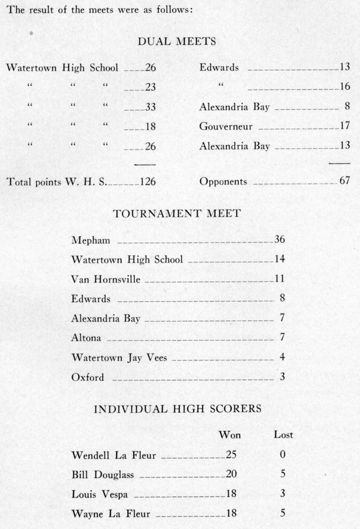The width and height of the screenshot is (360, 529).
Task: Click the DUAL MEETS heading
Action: click(177, 42)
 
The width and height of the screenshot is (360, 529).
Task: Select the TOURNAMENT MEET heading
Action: click(176, 213)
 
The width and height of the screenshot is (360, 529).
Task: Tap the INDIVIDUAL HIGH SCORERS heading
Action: click(177, 409)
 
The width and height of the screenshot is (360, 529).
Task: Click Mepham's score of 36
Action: click(279, 240)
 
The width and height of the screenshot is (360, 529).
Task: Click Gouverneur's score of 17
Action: click(345, 126)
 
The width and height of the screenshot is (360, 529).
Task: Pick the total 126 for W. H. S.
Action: click(147, 182)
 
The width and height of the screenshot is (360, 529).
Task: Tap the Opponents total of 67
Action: click(345, 181)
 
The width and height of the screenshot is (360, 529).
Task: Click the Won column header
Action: click(230, 435)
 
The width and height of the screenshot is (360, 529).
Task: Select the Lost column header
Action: click(283, 435)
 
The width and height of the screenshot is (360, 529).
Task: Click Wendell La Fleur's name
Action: click(114, 455)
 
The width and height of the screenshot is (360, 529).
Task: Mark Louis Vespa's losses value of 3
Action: click(283, 494)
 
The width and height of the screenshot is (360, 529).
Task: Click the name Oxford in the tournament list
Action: click(87, 378)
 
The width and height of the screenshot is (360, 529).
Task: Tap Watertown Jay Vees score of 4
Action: click(282, 357)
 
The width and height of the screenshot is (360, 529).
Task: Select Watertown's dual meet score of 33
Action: click(150, 107)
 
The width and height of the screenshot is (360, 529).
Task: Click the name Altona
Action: click(86, 338)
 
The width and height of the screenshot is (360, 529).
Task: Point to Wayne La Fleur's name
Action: click(111, 514)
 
